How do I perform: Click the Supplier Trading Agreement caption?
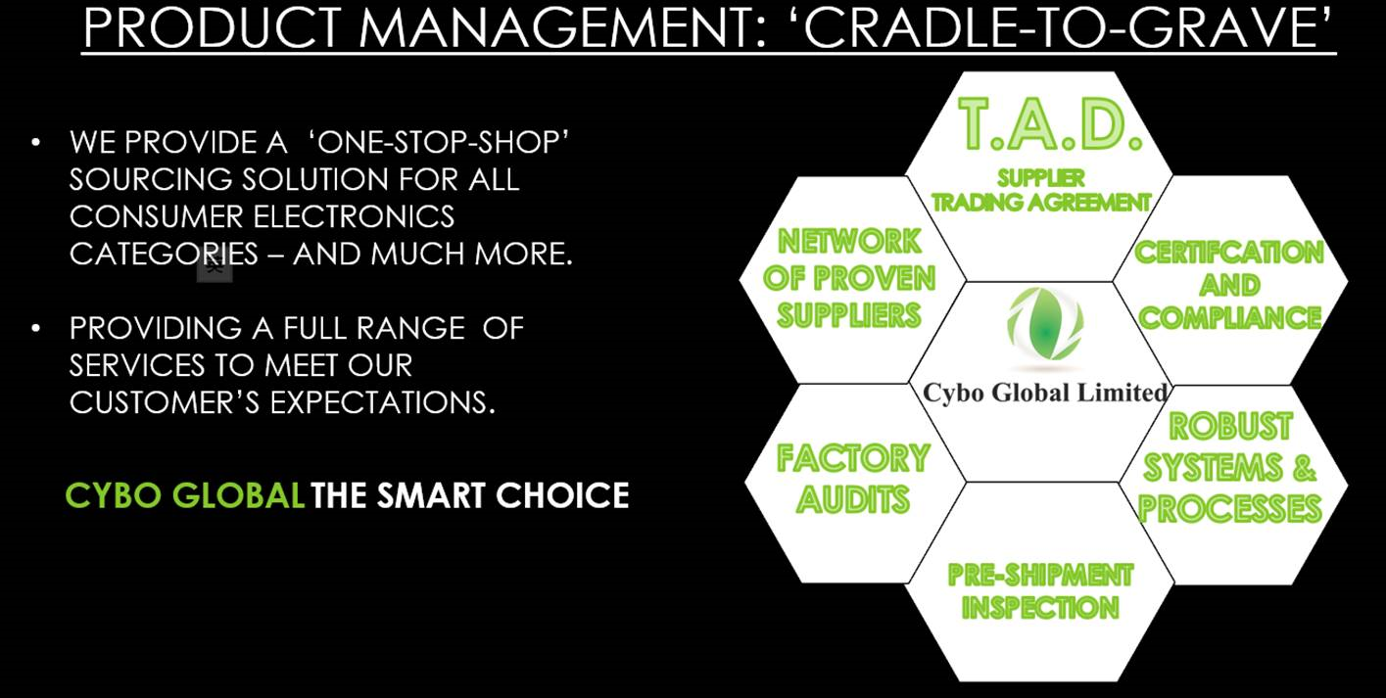1041,190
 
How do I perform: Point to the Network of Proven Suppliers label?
849,278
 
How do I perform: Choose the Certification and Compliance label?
1229,285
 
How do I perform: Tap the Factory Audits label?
853,479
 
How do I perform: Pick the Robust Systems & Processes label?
1230,467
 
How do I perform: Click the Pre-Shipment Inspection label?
1041,591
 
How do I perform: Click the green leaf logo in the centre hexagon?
1045,324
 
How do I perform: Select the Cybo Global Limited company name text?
1044,393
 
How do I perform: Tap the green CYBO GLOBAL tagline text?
185,495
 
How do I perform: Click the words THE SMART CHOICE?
469,495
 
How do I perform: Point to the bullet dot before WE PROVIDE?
36,143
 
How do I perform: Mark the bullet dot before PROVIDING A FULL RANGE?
36,328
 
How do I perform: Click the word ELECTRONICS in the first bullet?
354,217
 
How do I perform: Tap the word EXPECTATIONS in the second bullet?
382,402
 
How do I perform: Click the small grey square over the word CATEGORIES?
215,266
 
